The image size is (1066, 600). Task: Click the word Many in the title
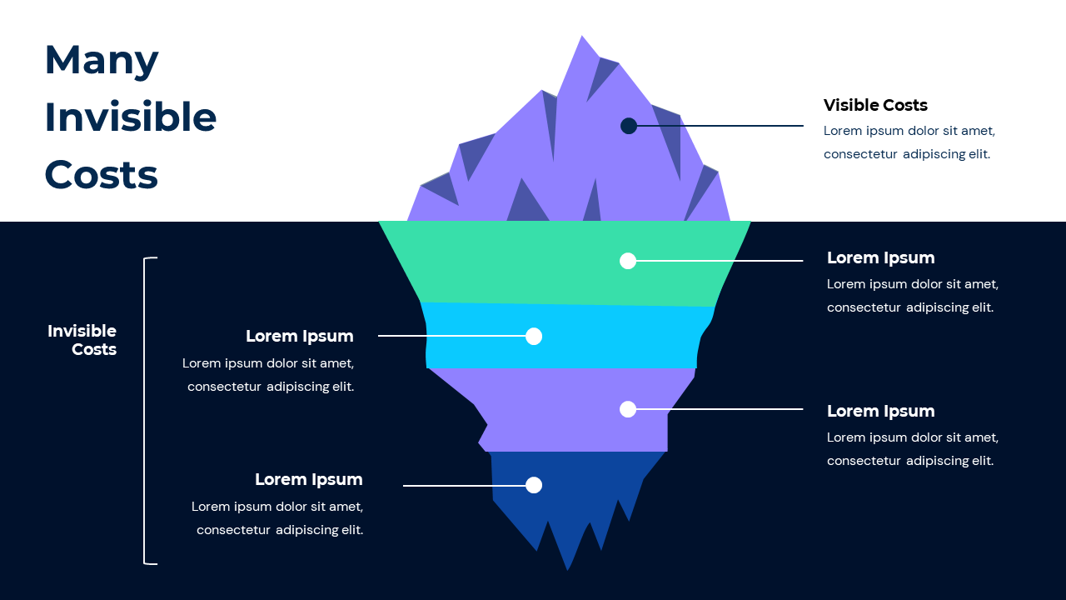[x=101, y=60]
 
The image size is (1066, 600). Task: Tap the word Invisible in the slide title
[x=130, y=117]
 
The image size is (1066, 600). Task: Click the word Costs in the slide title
[x=101, y=175]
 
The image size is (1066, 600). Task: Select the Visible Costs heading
[x=875, y=105]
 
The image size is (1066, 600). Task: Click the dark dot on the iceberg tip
[x=629, y=126]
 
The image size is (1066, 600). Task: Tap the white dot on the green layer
[x=628, y=261]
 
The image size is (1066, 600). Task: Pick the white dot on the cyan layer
[x=534, y=336]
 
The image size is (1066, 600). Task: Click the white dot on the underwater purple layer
[x=628, y=409]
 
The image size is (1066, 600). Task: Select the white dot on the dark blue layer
[x=534, y=485]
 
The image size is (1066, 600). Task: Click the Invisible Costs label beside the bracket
[x=82, y=340]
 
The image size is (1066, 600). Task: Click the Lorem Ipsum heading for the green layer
[x=880, y=258]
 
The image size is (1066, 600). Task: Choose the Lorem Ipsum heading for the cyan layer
[x=299, y=337]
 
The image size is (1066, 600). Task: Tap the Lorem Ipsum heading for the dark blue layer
[x=308, y=480]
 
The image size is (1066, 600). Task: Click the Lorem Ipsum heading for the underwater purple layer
[x=880, y=412]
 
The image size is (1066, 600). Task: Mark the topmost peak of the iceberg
[x=581, y=38]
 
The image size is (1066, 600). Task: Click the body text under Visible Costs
[x=909, y=142]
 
